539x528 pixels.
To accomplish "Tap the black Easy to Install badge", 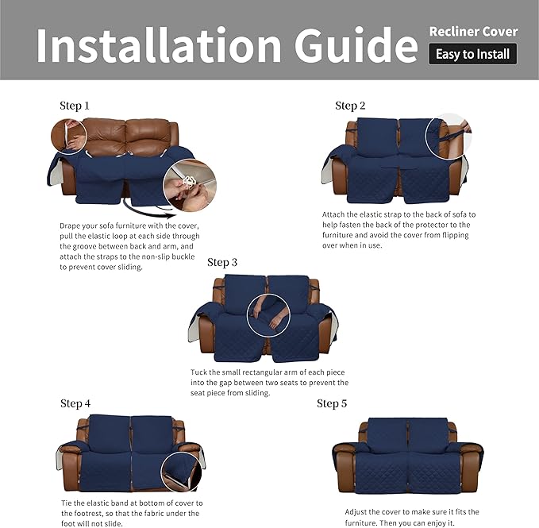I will pos(473,55).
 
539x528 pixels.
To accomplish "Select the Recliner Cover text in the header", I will pos(473,32).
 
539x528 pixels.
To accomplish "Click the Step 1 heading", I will pos(75,106).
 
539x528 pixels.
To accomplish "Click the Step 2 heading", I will pos(350,106).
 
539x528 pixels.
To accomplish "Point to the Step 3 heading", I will pos(222,263).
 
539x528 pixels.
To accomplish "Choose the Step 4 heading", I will pos(75,403).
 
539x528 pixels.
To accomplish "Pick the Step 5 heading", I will pos(332,403).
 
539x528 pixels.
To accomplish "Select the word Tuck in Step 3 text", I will pos(201,372).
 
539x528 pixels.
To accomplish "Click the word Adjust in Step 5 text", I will pos(359,513).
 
